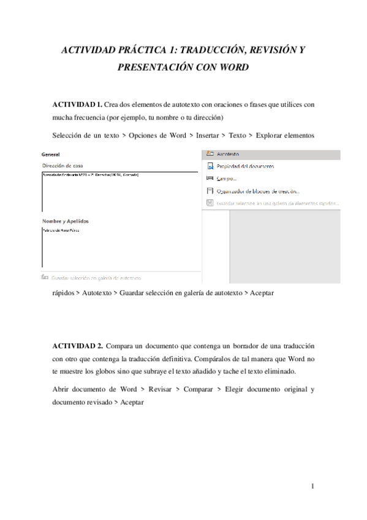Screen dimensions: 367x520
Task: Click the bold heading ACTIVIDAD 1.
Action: (77, 105)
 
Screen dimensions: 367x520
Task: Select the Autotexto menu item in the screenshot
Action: (227, 154)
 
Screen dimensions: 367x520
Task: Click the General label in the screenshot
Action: (50, 155)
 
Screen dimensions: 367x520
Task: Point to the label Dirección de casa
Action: (62, 166)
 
